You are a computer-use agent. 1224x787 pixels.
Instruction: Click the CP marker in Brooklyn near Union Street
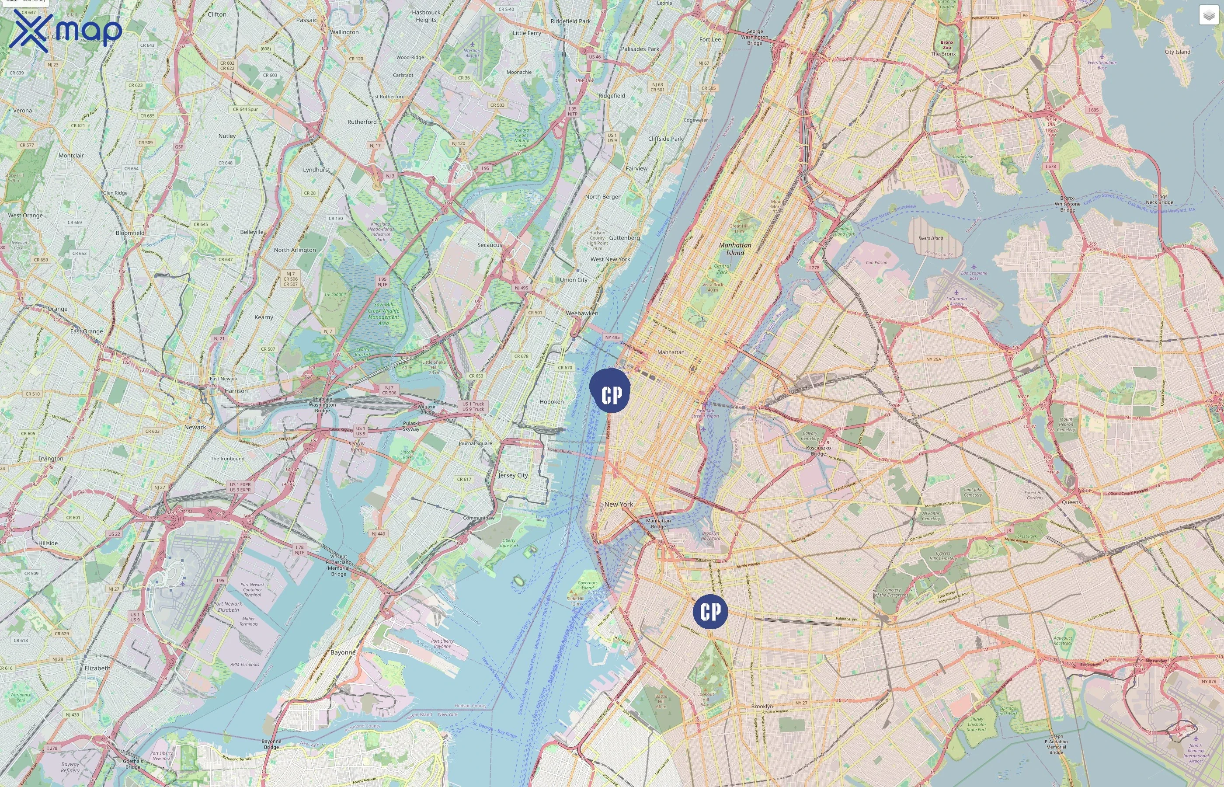(710, 611)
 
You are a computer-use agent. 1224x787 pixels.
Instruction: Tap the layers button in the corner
(1208, 15)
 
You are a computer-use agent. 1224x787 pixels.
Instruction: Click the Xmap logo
(66, 31)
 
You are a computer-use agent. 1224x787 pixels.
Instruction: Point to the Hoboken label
(552, 402)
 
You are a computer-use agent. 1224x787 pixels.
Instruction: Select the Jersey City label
(513, 475)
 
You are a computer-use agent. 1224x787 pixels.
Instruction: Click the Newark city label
(195, 427)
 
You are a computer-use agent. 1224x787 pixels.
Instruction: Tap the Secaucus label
(490, 245)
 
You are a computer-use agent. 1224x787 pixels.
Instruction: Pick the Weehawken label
(582, 313)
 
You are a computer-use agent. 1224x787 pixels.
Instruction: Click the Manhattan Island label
(735, 249)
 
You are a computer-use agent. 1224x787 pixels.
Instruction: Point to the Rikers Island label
(931, 238)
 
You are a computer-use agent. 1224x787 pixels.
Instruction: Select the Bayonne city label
(343, 653)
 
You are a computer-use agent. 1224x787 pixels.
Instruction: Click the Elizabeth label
(97, 668)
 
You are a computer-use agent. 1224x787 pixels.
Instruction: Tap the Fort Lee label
(710, 39)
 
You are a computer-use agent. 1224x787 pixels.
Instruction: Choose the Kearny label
(264, 317)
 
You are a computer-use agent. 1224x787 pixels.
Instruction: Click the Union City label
(574, 280)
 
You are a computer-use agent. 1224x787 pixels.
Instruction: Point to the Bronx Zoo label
(946, 45)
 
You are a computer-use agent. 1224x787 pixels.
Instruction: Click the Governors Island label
(588, 585)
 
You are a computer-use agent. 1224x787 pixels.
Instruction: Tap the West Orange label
(25, 215)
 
